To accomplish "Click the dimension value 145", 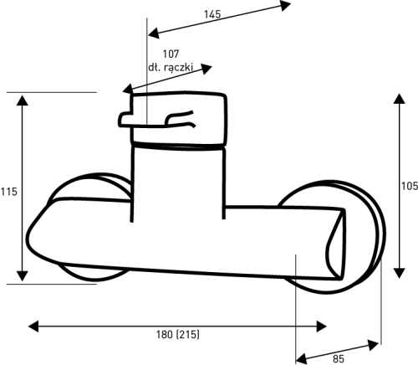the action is point(212,14).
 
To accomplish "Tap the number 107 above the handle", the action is point(171,54).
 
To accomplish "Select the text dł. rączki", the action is point(170,67).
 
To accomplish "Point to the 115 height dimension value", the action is point(8,192).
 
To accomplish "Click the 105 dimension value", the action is point(410,186).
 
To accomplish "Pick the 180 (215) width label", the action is point(178,334).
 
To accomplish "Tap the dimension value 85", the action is point(339,358).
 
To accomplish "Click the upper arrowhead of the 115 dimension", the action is point(22,100).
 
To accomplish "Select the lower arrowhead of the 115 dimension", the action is point(22,276).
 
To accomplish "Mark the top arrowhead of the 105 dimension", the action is point(399,99).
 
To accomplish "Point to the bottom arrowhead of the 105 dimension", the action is point(399,273).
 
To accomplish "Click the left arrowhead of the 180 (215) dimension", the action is point(33,326).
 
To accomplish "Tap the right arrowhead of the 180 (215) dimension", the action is point(321,326).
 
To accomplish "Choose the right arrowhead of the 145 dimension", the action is point(285,5).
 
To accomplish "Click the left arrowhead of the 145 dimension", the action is point(154,33).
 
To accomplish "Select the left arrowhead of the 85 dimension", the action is point(301,358).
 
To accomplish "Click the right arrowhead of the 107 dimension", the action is point(206,69).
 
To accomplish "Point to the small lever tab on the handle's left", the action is point(126,119).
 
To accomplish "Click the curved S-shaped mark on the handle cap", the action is point(181,120).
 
